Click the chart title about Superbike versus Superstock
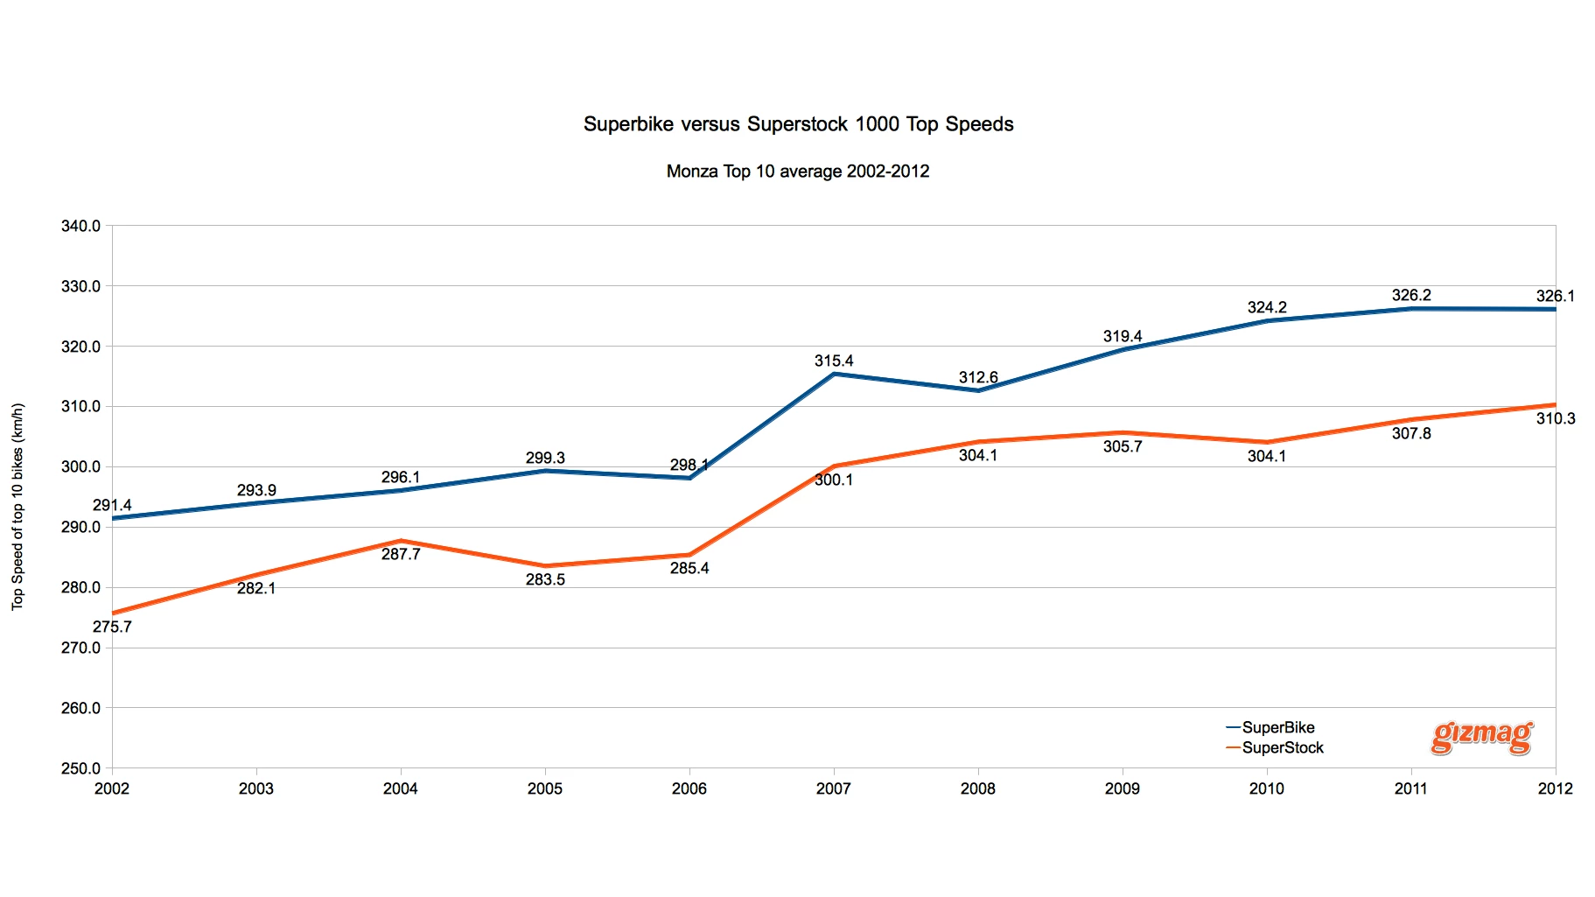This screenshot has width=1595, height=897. pos(798,124)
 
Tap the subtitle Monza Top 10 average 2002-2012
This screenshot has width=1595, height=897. pos(797,172)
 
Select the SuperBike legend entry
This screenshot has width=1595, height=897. pos(1277,727)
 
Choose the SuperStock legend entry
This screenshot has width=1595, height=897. pos(1283,747)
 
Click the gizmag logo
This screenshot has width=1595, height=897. pos(1482,736)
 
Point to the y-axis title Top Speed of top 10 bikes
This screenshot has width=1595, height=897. pos(17,506)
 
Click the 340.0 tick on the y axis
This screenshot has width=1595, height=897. pos(80,226)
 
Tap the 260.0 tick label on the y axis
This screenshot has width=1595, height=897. pos(80,708)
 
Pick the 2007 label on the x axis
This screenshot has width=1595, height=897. pos(833,788)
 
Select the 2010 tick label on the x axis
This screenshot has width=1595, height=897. pos(1266,788)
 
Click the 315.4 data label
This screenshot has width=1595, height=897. pos(833,361)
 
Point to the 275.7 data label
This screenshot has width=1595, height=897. pos(112,627)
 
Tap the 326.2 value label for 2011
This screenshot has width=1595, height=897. pos(1410,296)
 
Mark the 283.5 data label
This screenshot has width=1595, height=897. pos(545,579)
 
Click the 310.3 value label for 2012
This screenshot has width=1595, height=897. pos(1555,419)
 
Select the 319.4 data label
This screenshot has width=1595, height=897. pos(1122,336)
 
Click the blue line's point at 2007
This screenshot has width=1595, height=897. pos(834,375)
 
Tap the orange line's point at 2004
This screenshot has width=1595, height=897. pos(401,541)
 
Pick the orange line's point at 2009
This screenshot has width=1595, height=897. pos(1123,432)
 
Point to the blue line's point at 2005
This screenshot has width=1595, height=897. pos(545,471)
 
